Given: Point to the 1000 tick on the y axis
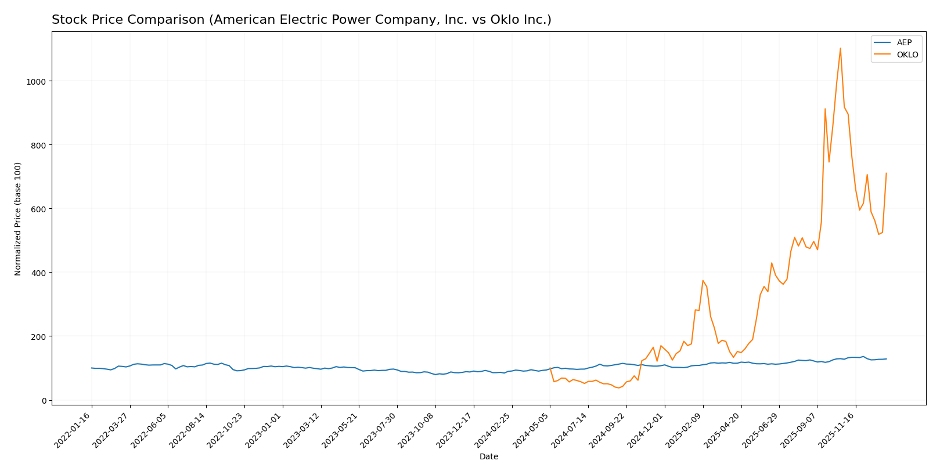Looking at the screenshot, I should pyautogui.click(x=37, y=81).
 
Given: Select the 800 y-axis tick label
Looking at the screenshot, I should pyautogui.click(x=39, y=145).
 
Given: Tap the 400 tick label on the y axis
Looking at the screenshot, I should pyautogui.click(x=39, y=273).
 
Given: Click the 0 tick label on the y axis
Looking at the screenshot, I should pyautogui.click(x=44, y=400).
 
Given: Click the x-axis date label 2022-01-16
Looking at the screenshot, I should pyautogui.click(x=73, y=430).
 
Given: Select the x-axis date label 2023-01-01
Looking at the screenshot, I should pyautogui.click(x=264, y=430).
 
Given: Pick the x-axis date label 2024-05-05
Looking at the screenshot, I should pyautogui.click(x=532, y=430).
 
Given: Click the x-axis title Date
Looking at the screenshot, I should pyautogui.click(x=488, y=457).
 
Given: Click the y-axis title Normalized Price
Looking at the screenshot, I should pyautogui.click(x=18, y=219).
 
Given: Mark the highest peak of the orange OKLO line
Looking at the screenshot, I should pyautogui.click(x=840, y=48).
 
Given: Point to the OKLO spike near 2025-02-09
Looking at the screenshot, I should pyautogui.click(x=703, y=281).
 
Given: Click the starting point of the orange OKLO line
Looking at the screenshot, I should pyautogui.click(x=550, y=368).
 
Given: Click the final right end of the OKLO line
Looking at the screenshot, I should pyautogui.click(x=886, y=173).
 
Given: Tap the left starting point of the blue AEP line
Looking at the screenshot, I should pyautogui.click(x=91, y=368).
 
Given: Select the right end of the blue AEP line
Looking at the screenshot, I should pyautogui.click(x=886, y=359).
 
